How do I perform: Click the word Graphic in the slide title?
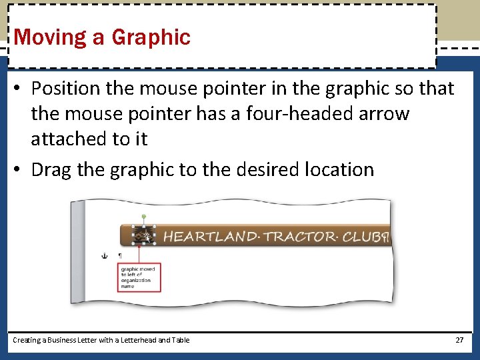[x=151, y=37]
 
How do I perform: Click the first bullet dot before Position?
[x=19, y=89]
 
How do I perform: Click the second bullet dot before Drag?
[x=19, y=170]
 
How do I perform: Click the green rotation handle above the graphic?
[x=144, y=216]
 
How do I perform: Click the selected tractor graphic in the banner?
[x=144, y=235]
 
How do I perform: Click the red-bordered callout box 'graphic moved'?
[x=139, y=277]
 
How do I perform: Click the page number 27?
[x=459, y=340]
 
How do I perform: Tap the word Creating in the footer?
[x=26, y=340]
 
